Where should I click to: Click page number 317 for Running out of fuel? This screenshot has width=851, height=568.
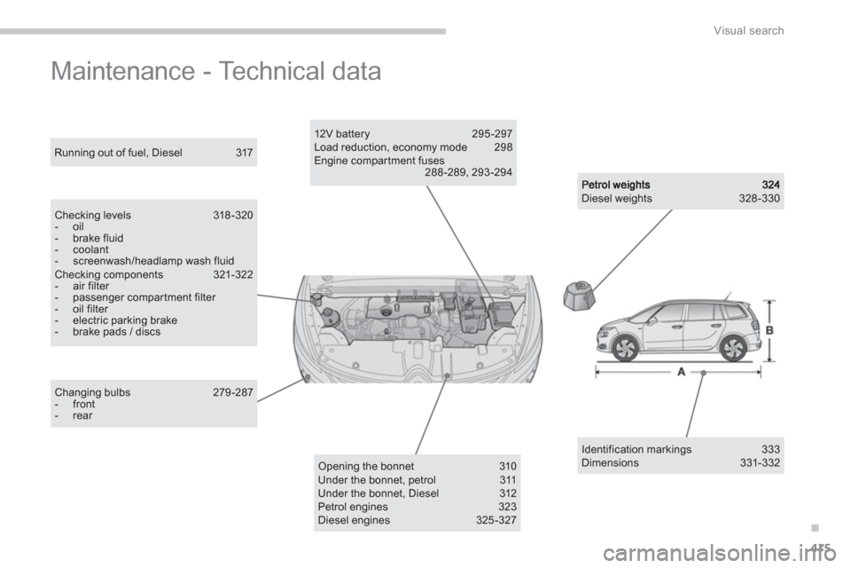coord(244,153)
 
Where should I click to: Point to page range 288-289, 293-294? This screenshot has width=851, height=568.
coord(468,172)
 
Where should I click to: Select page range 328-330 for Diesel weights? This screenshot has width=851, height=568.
coord(760,199)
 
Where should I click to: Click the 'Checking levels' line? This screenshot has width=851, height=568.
coord(92,215)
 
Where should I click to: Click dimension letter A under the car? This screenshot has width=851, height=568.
coord(680,373)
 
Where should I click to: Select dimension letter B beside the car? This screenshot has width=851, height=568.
coord(769,330)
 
